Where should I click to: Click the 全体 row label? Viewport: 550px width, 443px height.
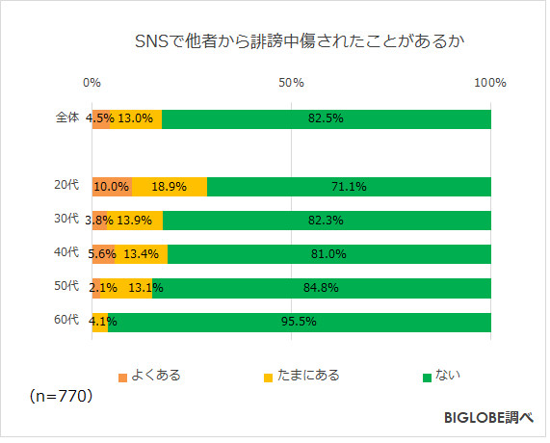click(x=66, y=118)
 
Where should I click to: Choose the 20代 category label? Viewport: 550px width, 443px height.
click(x=66, y=186)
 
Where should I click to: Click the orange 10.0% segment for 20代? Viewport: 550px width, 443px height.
click(x=112, y=187)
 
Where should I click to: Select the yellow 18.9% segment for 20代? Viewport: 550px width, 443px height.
click(x=170, y=187)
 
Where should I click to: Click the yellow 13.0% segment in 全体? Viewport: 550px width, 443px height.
click(x=136, y=119)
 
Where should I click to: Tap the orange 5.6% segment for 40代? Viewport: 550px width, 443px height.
click(x=104, y=254)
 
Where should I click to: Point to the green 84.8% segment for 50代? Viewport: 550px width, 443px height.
click(x=322, y=288)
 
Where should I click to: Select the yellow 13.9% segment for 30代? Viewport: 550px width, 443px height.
click(x=136, y=221)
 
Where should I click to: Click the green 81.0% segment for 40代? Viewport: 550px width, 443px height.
click(x=329, y=254)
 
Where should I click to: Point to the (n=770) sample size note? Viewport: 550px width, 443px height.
click(x=60, y=396)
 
